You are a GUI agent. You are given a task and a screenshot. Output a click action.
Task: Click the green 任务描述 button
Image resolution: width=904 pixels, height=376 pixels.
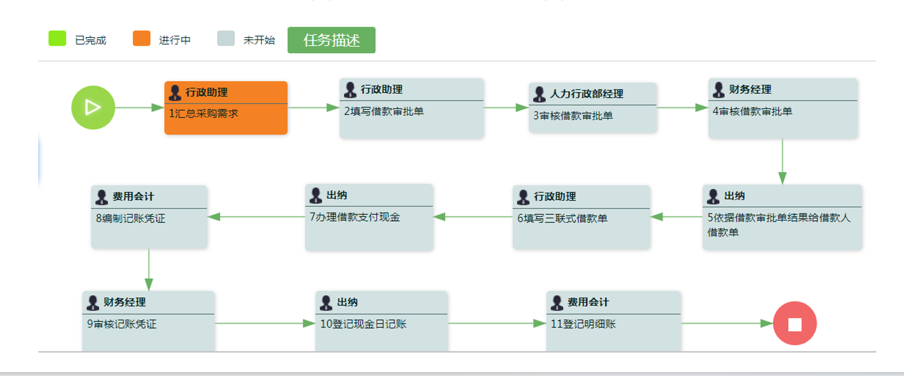pyautogui.click(x=331, y=40)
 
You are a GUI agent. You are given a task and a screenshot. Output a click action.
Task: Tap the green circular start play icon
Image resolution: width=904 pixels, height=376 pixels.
pyautogui.click(x=93, y=107)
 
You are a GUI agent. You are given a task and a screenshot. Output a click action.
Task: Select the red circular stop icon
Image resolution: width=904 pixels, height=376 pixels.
pyautogui.click(x=795, y=323)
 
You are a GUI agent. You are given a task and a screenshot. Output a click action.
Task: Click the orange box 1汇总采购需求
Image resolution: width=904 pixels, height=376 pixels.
pyautogui.click(x=225, y=113)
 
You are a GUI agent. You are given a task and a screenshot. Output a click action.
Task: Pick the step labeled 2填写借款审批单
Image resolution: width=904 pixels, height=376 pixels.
pyautogui.click(x=384, y=112)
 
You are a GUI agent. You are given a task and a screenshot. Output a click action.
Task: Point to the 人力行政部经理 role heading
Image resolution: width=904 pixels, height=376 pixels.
pyautogui.click(x=586, y=94)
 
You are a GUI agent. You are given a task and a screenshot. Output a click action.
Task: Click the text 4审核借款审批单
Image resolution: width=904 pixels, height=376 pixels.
pyautogui.click(x=752, y=112)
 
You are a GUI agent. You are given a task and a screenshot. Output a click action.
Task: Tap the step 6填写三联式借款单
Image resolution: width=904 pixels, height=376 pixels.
pyautogui.click(x=562, y=219)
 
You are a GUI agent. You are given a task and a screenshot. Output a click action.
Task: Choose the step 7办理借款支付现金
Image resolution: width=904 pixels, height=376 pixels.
pyautogui.click(x=355, y=218)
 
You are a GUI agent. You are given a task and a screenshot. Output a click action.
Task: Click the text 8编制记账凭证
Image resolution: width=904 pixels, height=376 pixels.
pyautogui.click(x=131, y=219)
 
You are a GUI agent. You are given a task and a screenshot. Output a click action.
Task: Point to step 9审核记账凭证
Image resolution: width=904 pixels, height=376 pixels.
pyautogui.click(x=122, y=324)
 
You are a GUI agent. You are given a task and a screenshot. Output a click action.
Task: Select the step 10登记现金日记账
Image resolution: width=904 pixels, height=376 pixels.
pyautogui.click(x=364, y=324)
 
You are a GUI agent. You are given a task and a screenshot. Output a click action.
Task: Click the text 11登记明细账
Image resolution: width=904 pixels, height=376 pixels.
pyautogui.click(x=583, y=324)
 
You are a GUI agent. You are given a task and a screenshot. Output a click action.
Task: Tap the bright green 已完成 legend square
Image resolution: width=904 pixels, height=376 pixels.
pyautogui.click(x=57, y=38)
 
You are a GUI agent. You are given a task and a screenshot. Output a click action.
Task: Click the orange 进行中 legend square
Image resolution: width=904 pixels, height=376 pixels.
pyautogui.click(x=141, y=38)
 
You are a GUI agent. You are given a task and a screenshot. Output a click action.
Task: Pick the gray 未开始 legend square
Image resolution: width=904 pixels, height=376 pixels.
pyautogui.click(x=226, y=38)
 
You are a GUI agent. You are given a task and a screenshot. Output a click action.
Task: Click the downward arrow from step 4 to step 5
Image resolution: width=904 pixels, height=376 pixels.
pyautogui.click(x=782, y=162)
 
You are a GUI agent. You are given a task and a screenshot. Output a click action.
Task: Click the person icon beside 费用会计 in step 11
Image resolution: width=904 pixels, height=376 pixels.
pyautogui.click(x=557, y=303)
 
